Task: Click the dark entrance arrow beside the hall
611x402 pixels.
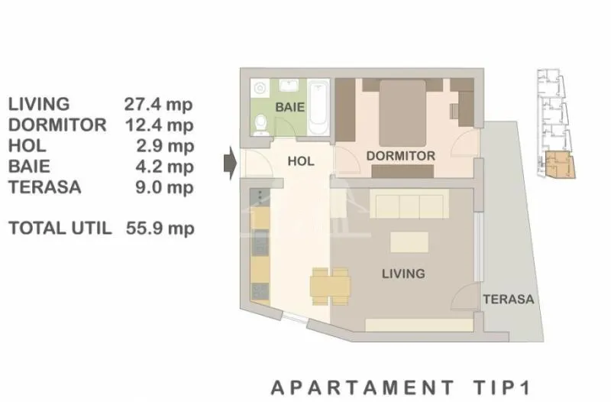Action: tap(231, 164)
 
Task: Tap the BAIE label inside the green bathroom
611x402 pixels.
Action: tap(290, 107)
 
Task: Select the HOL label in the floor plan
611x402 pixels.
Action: tap(301, 161)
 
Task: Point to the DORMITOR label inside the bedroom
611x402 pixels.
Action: tap(400, 156)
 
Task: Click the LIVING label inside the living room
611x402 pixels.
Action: tap(403, 274)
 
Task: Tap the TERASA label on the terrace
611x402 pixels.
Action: tap(509, 300)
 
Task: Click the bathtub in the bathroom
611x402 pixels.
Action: tap(318, 108)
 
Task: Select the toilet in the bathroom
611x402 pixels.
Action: tap(260, 125)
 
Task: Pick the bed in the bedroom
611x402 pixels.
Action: tap(402, 113)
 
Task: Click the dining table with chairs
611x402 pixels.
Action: tap(330, 287)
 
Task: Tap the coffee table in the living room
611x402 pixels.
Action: tap(409, 242)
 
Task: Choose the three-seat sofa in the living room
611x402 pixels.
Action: tap(409, 204)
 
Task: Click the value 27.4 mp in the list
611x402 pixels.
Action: tap(158, 105)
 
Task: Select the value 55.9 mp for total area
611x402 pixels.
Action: tap(160, 229)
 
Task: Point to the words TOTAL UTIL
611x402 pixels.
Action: tap(60, 228)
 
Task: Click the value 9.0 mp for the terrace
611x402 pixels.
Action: tap(164, 187)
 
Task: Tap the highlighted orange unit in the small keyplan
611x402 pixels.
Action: tap(561, 164)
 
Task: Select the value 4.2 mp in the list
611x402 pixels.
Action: tap(164, 167)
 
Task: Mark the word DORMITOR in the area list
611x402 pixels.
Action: tap(57, 125)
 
